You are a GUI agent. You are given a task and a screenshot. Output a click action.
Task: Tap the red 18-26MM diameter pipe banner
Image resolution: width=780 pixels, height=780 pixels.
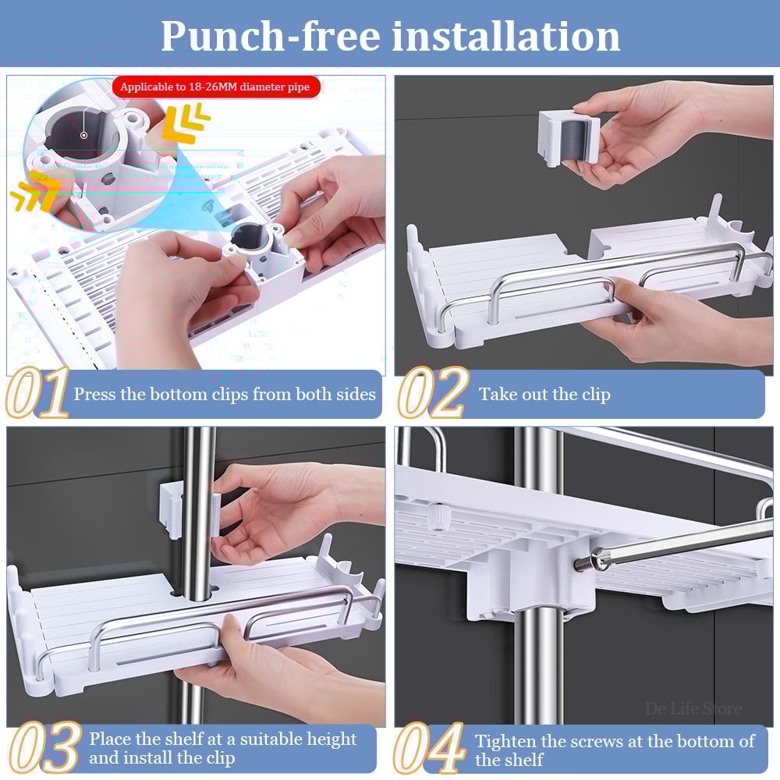coord(215,87)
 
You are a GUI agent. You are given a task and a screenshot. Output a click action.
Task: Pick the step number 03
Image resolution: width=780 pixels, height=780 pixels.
coord(43,748)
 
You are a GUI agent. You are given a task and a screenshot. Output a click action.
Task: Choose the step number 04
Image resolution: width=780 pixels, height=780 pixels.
coord(430,748)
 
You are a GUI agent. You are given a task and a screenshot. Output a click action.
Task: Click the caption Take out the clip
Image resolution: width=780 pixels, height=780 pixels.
coord(544,395)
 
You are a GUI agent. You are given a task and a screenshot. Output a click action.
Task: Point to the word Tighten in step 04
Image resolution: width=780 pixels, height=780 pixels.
coord(508,740)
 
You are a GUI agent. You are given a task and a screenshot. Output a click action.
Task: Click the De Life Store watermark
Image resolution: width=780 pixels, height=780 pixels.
coord(693,709)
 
